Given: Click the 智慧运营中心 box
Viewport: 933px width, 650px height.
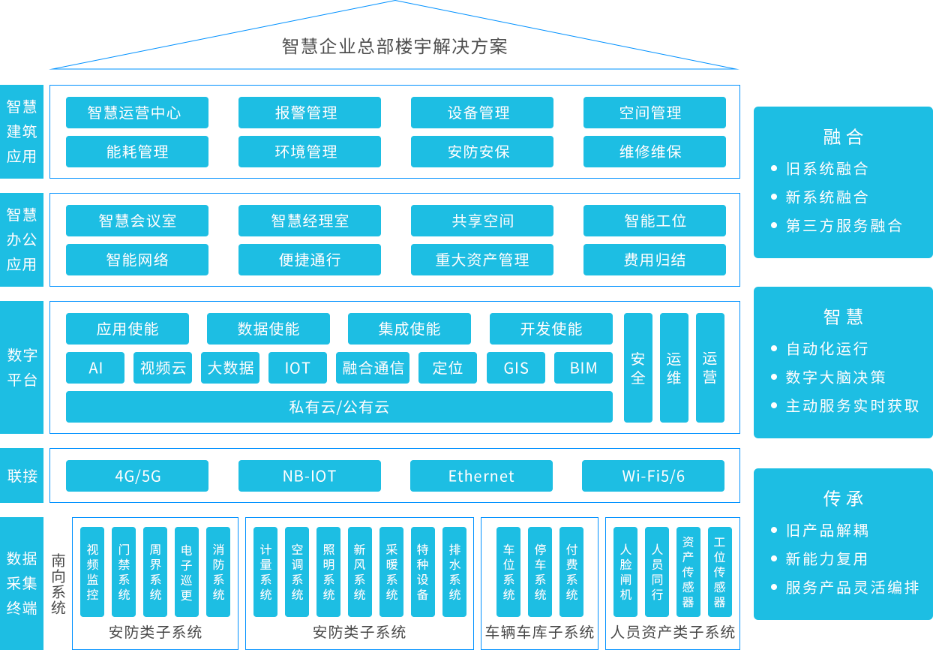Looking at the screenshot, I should coord(136,113).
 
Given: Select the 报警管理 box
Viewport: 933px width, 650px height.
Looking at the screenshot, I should coord(309,113).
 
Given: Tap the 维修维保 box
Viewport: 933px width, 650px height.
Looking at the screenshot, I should coord(654,152).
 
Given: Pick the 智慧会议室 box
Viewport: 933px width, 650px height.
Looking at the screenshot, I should coord(136,221).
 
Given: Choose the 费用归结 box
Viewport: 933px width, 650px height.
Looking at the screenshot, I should coord(654,260).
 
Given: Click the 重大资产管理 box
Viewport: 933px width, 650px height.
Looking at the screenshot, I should coord(481,260).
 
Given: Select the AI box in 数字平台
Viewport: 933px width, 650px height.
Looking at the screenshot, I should coord(95,368).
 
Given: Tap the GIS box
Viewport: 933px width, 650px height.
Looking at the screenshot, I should coord(516,368).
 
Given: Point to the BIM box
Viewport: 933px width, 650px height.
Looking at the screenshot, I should coord(583,368).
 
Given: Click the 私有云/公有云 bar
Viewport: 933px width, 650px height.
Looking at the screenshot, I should coord(339,407).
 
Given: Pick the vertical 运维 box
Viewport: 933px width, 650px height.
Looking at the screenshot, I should coord(673,368).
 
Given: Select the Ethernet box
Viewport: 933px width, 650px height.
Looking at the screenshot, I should coord(481,476).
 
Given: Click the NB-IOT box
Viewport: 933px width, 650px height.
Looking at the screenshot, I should coord(309,476).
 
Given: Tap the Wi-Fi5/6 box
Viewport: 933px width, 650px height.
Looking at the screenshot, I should coord(653,476).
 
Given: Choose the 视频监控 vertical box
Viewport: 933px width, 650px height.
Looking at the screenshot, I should coord(92,572).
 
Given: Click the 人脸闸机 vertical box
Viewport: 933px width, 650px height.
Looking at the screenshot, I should coord(625,572).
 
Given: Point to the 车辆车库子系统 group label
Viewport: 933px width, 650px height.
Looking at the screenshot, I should coord(539,632).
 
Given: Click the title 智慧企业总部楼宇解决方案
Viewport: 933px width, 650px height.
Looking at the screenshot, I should coord(394,47).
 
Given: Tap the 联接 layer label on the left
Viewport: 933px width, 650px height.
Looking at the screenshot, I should coord(22,476).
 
